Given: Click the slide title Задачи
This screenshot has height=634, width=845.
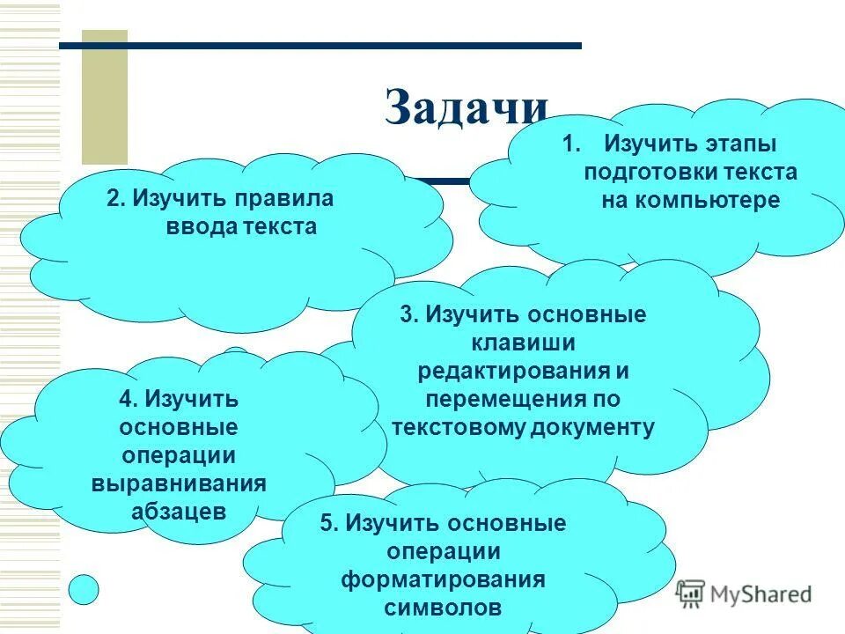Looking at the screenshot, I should click(x=467, y=108).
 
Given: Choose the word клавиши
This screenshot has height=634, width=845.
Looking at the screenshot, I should click(x=523, y=343).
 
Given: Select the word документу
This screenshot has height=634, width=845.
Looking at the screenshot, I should click(x=592, y=427).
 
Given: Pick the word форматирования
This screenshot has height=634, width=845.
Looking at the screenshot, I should click(x=443, y=579).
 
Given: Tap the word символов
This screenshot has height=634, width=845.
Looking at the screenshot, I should click(x=443, y=608).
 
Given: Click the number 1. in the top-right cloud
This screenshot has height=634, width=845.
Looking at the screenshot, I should click(x=572, y=143).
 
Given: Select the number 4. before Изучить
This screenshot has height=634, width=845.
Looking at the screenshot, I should click(x=129, y=398).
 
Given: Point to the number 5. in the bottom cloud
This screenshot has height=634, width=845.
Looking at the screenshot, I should click(x=329, y=523).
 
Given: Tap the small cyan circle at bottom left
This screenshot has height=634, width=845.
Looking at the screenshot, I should click(x=84, y=589).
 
